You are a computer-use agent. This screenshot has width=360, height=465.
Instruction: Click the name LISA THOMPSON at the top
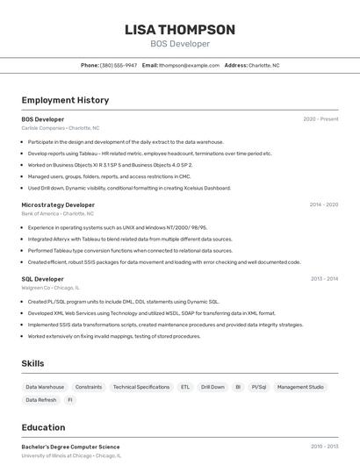click(180, 30)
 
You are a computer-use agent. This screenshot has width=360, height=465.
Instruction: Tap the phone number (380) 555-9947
click(119, 65)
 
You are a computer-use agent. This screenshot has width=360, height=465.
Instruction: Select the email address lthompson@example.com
click(189, 65)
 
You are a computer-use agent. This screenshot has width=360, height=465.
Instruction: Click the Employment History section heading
click(65, 100)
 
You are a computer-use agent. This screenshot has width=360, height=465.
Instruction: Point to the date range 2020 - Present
click(320, 118)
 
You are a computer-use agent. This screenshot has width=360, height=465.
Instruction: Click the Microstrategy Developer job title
click(58, 204)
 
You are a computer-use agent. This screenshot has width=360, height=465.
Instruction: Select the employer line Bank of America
click(57, 213)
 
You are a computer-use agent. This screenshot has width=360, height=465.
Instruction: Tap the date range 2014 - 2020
click(323, 204)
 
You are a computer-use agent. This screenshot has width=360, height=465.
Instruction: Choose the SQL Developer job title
click(43, 278)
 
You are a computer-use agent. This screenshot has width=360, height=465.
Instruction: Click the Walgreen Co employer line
click(50, 287)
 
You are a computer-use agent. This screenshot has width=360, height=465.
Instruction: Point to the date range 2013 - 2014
click(324, 278)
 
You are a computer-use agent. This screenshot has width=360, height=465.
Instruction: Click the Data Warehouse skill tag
click(45, 387)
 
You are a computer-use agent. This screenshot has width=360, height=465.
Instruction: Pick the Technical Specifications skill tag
click(141, 387)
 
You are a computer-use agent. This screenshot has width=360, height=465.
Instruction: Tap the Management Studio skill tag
click(300, 387)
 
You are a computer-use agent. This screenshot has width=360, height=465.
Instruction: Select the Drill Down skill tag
click(212, 387)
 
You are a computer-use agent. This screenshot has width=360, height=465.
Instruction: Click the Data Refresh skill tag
click(41, 400)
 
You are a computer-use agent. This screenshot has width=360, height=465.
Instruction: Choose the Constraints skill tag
click(89, 387)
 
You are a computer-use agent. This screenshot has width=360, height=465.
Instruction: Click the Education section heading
click(43, 427)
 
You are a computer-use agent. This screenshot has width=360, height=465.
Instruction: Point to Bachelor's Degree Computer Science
click(70, 447)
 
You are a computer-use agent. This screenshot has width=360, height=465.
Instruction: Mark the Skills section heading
click(32, 363)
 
